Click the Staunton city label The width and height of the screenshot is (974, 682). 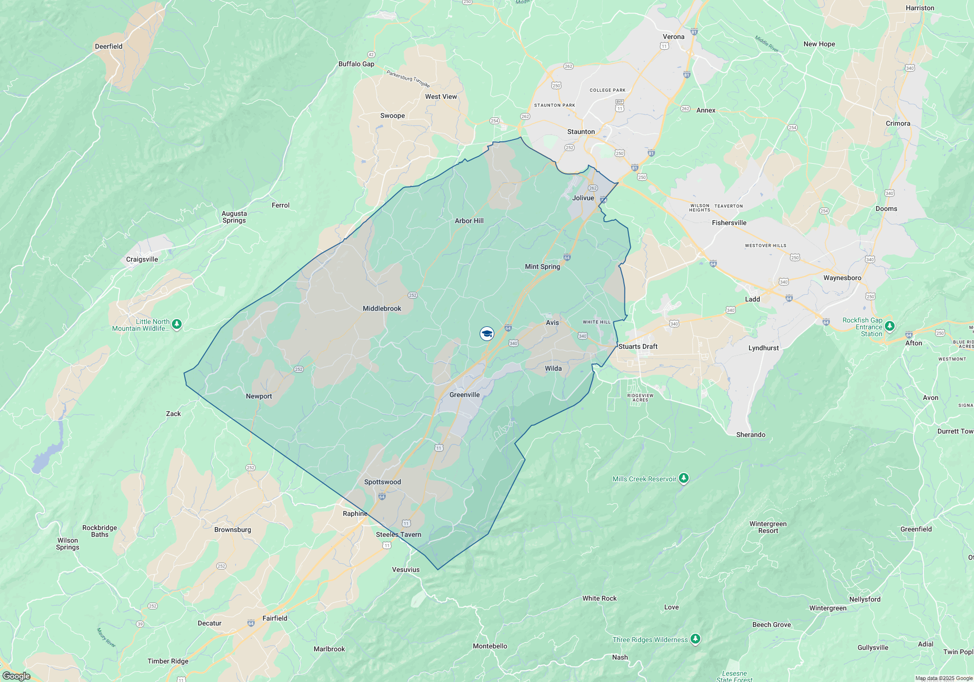tap(581, 132)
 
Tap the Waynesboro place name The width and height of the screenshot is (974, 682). tap(842, 278)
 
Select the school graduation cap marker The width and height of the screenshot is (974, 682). tap(487, 334)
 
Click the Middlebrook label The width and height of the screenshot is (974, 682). tap(382, 308)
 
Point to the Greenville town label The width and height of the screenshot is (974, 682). tap(465, 395)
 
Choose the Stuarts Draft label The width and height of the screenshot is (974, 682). tap(638, 346)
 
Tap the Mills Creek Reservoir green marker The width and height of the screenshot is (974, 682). tap(684, 478)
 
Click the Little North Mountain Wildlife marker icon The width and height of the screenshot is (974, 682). tap(177, 324)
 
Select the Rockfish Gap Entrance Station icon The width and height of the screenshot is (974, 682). tap(890, 326)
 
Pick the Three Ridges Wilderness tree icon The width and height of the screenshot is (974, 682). tap(695, 639)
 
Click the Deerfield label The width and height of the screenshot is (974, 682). tap(109, 46)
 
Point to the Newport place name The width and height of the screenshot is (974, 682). tap(259, 396)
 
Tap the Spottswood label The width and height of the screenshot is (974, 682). tap(383, 482)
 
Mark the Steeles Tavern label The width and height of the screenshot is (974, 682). tap(398, 534)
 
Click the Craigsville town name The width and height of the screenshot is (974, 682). tap(142, 259)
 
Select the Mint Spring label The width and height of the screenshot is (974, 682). tap(543, 266)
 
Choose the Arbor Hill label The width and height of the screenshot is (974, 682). tap(469, 221)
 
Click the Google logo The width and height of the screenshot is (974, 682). tap(16, 676)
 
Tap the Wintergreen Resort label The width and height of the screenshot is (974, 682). tap(768, 527)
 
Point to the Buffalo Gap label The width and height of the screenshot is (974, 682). tap(356, 64)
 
